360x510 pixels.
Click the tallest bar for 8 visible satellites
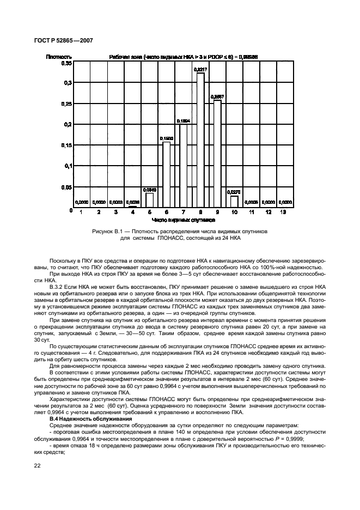tap(200, 140)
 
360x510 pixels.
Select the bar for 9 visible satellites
tap(217, 154)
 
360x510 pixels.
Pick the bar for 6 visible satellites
tap(166, 175)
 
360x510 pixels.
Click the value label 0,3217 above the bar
tap(200, 69)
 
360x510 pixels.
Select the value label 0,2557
tap(217, 96)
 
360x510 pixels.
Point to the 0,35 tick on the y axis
tap(65, 63)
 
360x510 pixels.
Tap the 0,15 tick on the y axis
tap(65, 145)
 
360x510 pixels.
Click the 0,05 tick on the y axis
tap(65, 187)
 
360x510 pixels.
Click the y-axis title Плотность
tap(57, 56)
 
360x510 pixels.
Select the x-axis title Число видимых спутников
tap(184, 220)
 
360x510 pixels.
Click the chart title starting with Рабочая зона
tap(183, 56)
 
